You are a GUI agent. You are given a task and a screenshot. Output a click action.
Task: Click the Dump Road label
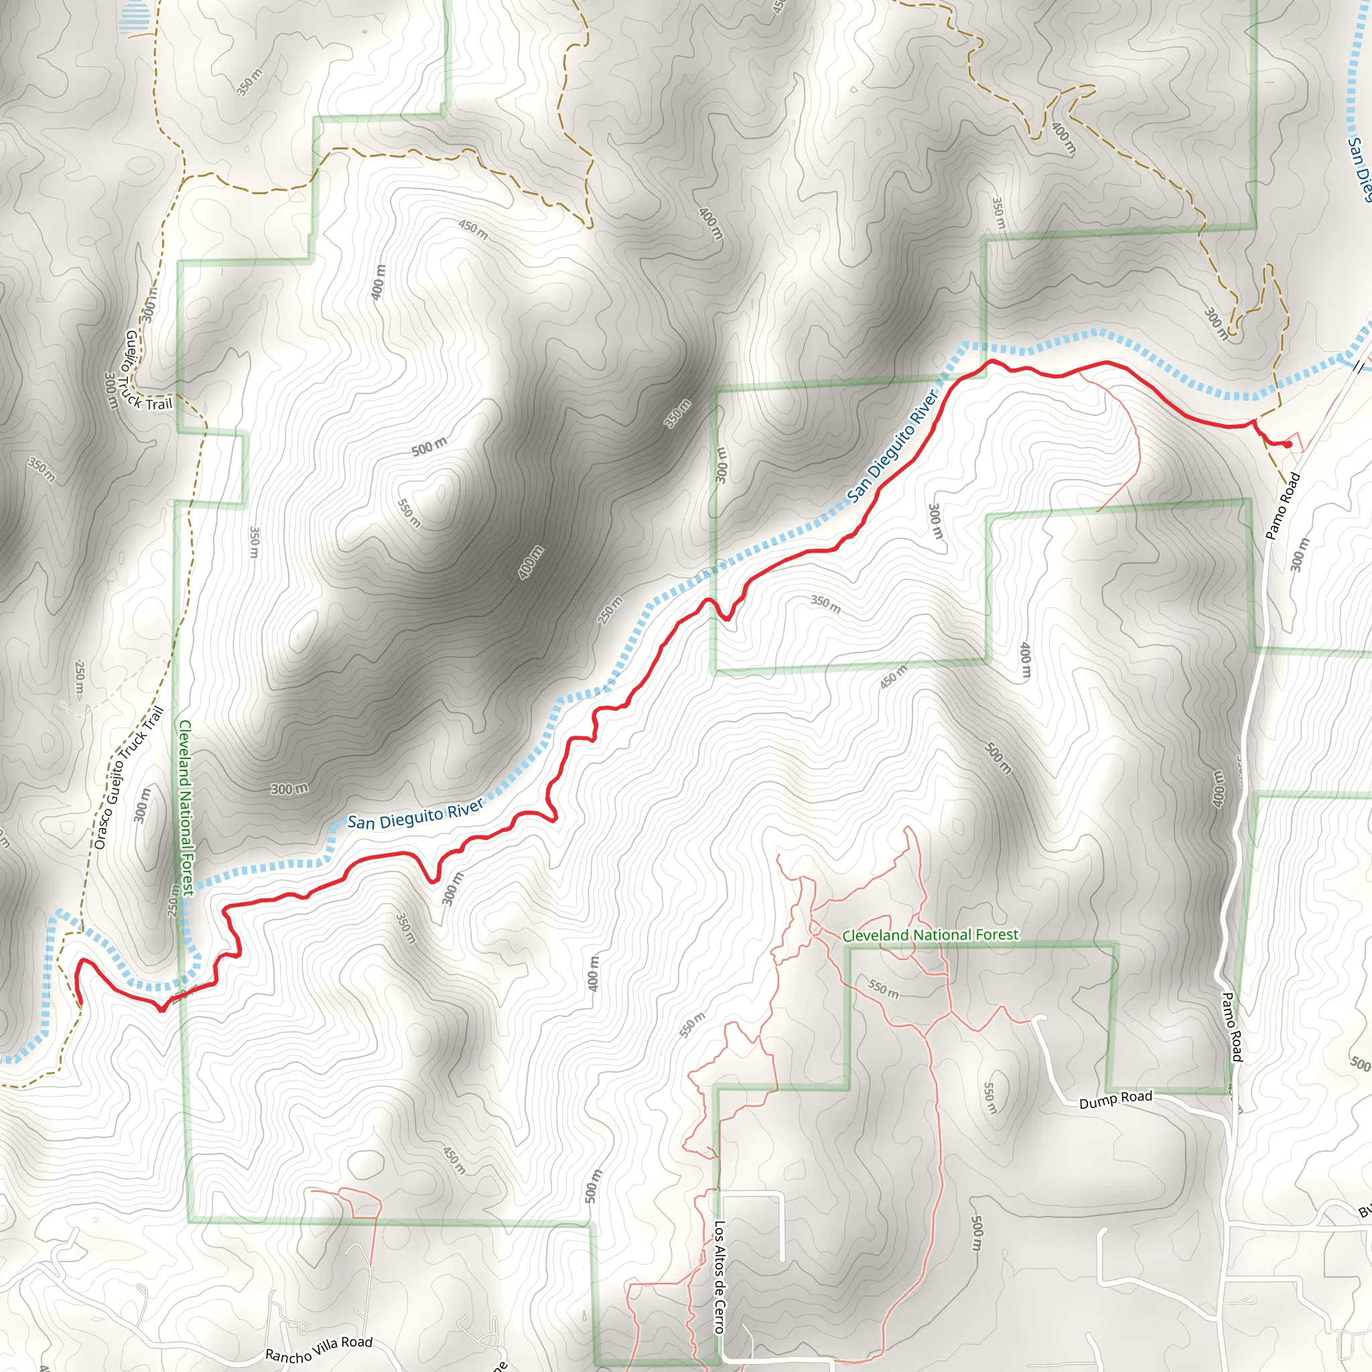1115,1099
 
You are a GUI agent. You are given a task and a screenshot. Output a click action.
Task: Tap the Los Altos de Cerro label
719,1277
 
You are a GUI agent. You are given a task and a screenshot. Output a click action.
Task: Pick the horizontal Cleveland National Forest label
931,935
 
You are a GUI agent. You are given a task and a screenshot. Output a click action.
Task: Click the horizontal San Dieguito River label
415,814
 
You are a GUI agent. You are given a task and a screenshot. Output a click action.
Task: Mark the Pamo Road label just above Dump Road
1232,1027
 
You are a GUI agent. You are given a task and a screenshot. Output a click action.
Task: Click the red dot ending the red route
1288,445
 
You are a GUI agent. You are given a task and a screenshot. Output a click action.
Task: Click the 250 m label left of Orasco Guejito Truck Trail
80,679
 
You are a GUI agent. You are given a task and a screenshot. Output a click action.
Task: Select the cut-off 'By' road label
1364,1210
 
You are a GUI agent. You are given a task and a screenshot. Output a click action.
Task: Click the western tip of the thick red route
80,1004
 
